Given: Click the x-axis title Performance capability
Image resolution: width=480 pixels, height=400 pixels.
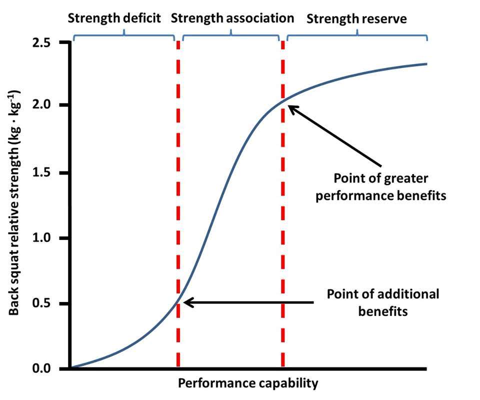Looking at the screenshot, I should tap(248, 384).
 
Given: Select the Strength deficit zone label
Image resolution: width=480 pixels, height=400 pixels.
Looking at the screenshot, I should tap(114, 19).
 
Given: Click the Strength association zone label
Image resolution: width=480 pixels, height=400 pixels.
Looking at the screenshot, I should tap(232, 19).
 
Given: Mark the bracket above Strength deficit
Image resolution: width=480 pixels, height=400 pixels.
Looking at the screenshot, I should tap(123, 35).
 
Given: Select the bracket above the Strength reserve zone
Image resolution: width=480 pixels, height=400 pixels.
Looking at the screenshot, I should tap(357, 35).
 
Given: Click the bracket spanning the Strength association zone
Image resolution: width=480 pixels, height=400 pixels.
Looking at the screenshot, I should tap(231, 35).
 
